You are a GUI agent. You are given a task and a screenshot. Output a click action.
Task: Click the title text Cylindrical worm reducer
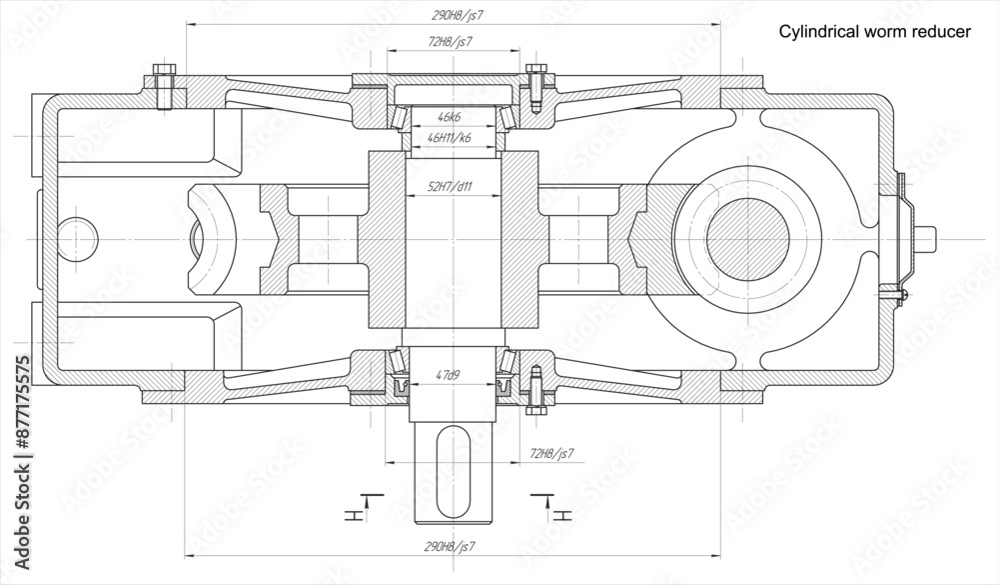click(x=874, y=32)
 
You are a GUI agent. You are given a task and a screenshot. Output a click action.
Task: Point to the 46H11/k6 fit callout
click(x=450, y=137)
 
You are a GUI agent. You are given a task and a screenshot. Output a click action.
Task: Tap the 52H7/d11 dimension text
click(x=450, y=187)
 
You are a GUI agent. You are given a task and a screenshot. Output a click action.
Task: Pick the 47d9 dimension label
click(x=450, y=376)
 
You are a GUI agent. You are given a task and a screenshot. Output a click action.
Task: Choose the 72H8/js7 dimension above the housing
click(x=450, y=41)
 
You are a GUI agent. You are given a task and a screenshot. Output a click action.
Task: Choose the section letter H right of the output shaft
click(x=564, y=515)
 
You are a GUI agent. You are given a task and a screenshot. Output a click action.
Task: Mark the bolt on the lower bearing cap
click(x=536, y=389)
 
